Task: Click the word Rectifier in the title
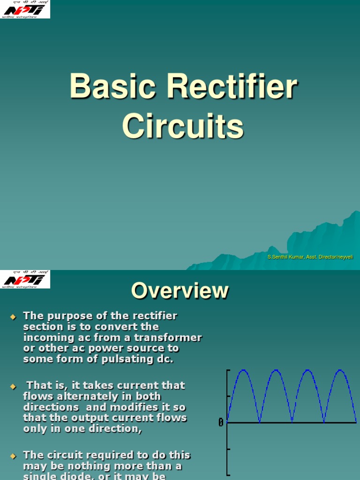click(x=224, y=86)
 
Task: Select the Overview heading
click(x=180, y=291)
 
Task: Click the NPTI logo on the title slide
click(x=25, y=9)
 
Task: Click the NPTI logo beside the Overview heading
click(x=25, y=279)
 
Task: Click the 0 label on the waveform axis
click(x=221, y=423)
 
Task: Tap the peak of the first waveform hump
click(x=243, y=370)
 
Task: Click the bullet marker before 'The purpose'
click(x=13, y=317)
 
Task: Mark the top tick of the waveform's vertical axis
click(x=229, y=370)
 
